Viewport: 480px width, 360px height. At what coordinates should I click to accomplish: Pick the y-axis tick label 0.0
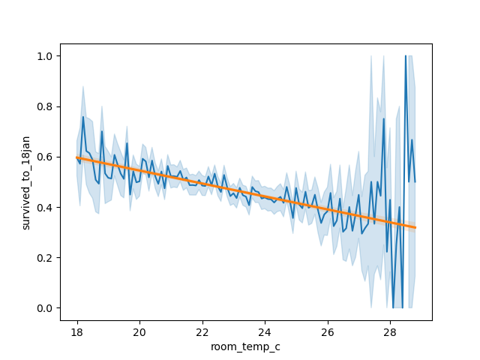tap(46, 308)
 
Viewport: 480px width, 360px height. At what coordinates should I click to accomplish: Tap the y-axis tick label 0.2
tap(46, 258)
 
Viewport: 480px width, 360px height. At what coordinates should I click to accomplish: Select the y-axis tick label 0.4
tap(46, 208)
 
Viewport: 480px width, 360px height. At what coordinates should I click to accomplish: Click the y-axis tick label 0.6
tap(46, 157)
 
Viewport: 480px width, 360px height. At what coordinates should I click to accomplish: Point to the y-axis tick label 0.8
tap(46, 106)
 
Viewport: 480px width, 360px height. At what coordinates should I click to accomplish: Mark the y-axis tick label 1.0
tap(46, 56)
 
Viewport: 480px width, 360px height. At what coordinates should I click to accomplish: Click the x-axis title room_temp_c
tap(246, 346)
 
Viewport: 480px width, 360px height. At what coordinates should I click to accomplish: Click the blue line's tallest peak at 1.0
tap(406, 56)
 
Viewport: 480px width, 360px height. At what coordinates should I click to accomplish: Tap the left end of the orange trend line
tap(76, 157)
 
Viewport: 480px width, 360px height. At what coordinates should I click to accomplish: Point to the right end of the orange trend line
tap(415, 227)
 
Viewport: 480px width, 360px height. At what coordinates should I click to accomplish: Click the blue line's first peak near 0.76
tap(83, 116)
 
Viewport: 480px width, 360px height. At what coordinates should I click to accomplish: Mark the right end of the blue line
tap(415, 181)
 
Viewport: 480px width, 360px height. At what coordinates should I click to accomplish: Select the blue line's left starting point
tap(76, 157)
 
